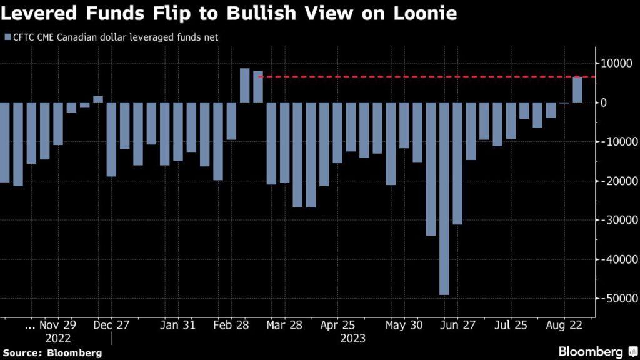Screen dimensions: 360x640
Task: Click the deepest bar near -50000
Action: [x=444, y=198]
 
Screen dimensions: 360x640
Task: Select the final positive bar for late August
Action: [x=577, y=89]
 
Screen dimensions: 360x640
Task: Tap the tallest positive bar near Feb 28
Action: [x=245, y=85]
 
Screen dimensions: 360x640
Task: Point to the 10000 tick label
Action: [x=616, y=63]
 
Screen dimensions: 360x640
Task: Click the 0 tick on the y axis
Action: [x=604, y=102]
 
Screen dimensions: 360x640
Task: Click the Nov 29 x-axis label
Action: [x=58, y=325]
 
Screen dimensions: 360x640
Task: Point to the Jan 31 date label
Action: [x=177, y=325]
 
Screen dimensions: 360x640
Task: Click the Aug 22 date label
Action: [x=565, y=325]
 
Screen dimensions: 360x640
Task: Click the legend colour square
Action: [x=7, y=37]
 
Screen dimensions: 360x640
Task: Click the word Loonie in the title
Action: [x=420, y=12]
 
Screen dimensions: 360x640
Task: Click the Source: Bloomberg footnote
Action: [x=51, y=353]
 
